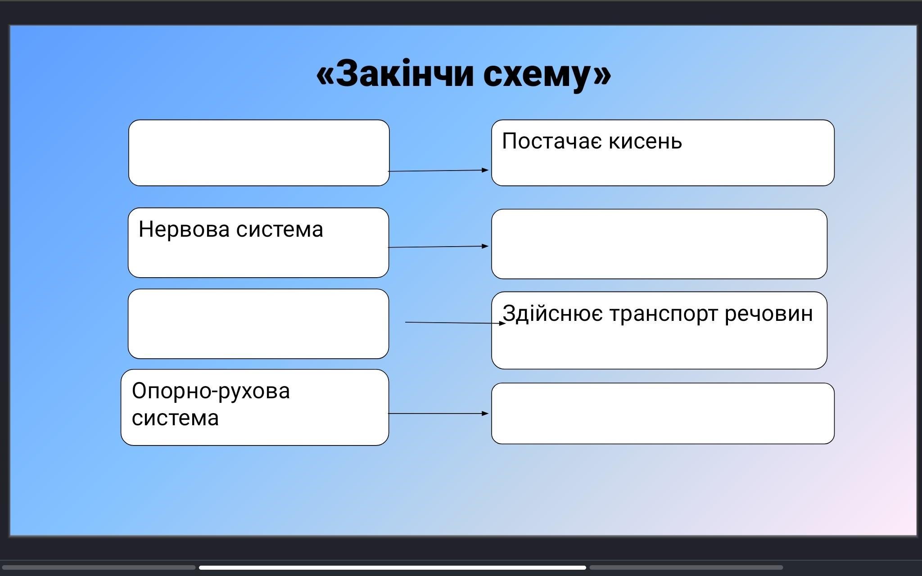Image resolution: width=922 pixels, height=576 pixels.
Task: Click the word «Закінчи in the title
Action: click(394, 74)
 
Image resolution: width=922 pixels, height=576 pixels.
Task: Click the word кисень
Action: click(646, 141)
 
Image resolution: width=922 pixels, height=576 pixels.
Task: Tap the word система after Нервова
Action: click(280, 229)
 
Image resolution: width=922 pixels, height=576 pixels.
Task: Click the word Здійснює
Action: click(552, 314)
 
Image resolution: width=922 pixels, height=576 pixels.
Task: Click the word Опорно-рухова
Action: click(211, 391)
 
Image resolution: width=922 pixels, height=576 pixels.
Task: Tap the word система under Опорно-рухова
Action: click(175, 418)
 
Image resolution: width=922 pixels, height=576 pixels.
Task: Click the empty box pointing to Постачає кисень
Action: click(259, 153)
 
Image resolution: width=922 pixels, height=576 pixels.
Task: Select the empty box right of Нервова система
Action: click(659, 244)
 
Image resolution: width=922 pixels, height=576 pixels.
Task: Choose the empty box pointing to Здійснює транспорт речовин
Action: click(258, 324)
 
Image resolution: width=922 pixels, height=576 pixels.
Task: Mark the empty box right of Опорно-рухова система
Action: click(663, 414)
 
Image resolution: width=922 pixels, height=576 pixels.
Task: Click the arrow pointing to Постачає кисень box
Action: click(438, 171)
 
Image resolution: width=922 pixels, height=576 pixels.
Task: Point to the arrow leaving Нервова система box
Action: click(438, 247)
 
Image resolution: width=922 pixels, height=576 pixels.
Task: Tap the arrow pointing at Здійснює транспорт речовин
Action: click(456, 323)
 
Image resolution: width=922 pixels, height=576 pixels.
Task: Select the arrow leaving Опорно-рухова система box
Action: click(438, 413)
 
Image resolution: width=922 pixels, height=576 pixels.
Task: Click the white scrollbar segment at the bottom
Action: click(393, 567)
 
